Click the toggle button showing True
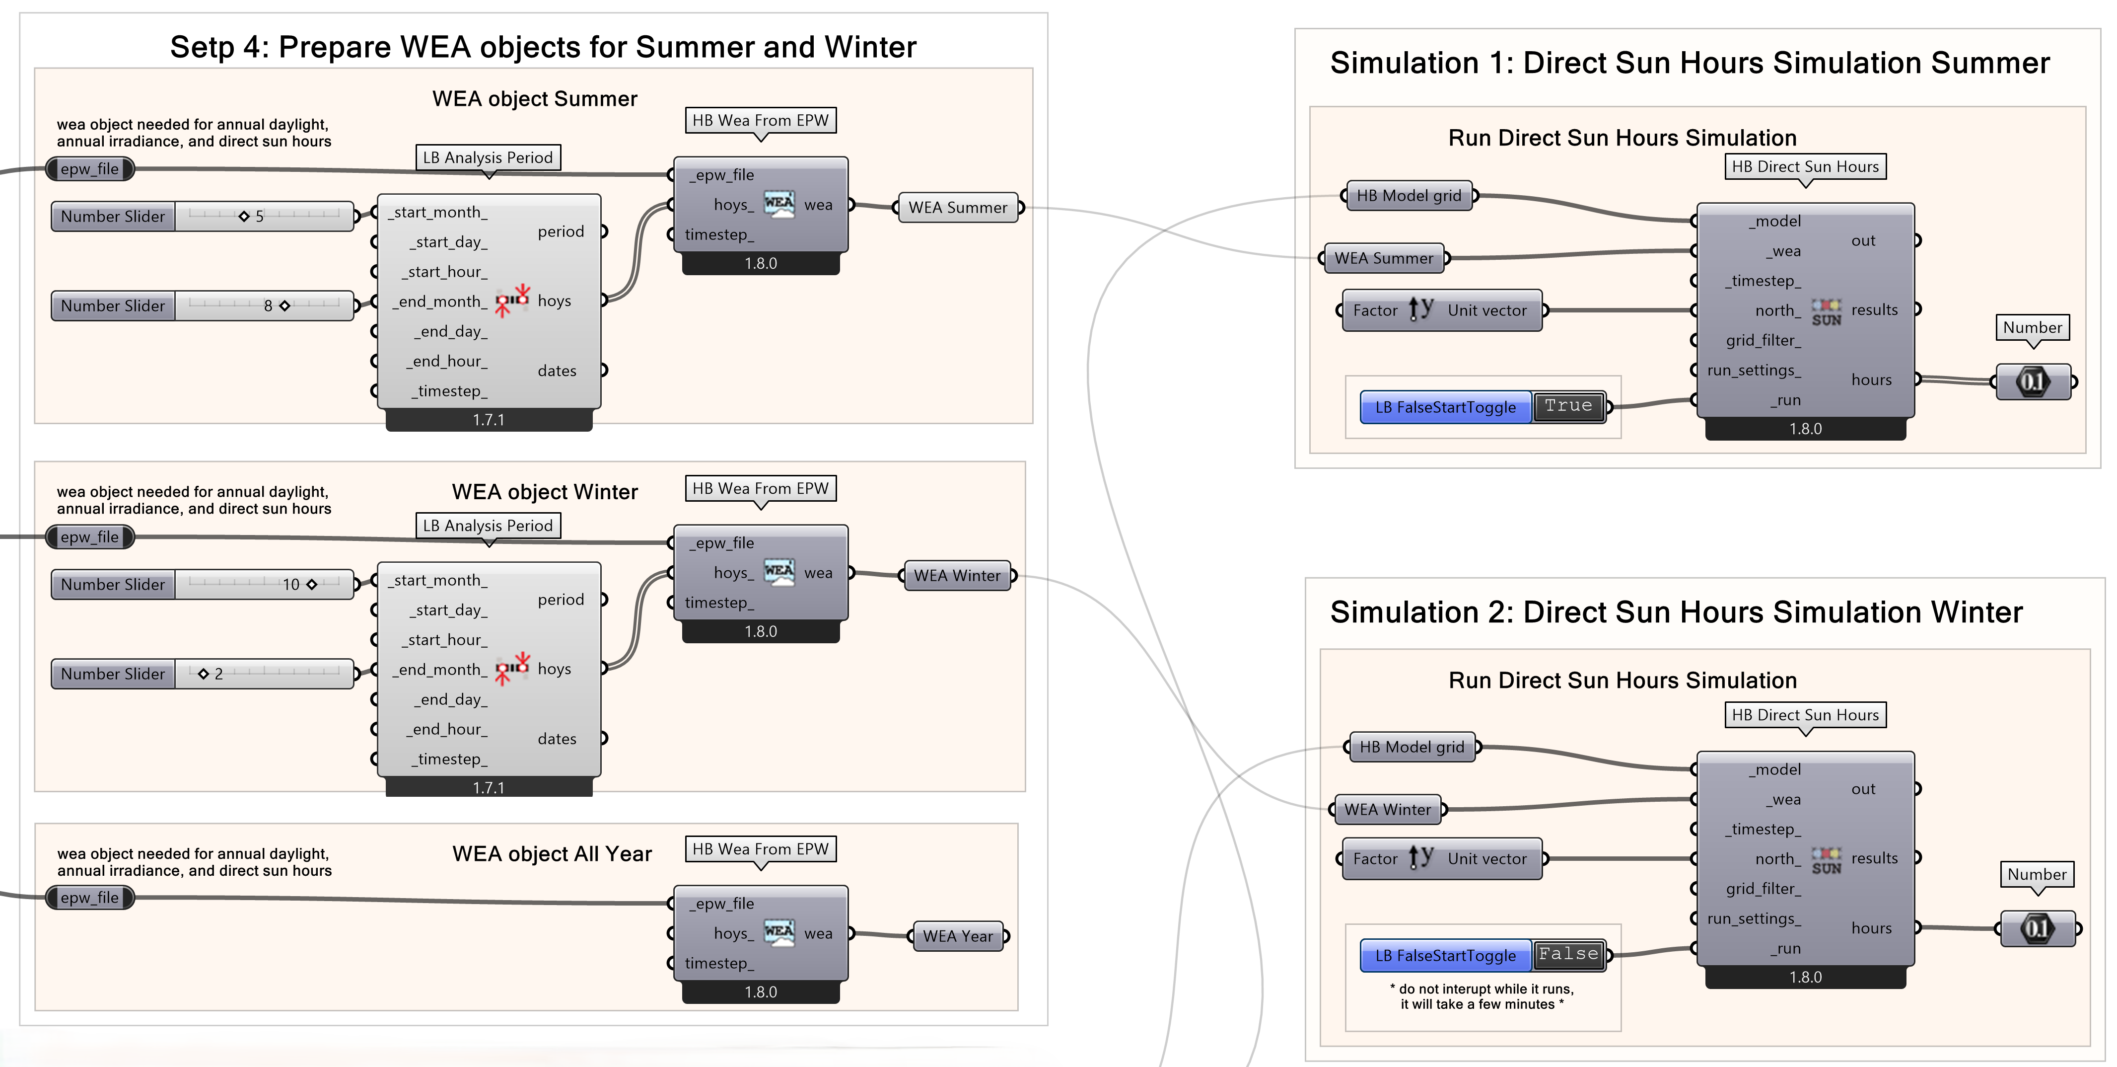[1568, 406]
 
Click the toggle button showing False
[1568, 954]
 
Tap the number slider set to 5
[244, 216]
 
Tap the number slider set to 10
[311, 585]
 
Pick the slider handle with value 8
[284, 306]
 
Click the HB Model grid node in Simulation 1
[1409, 196]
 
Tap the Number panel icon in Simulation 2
[2037, 929]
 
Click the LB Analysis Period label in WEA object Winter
[488, 525]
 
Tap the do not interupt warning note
[1481, 996]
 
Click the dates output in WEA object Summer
[557, 371]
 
